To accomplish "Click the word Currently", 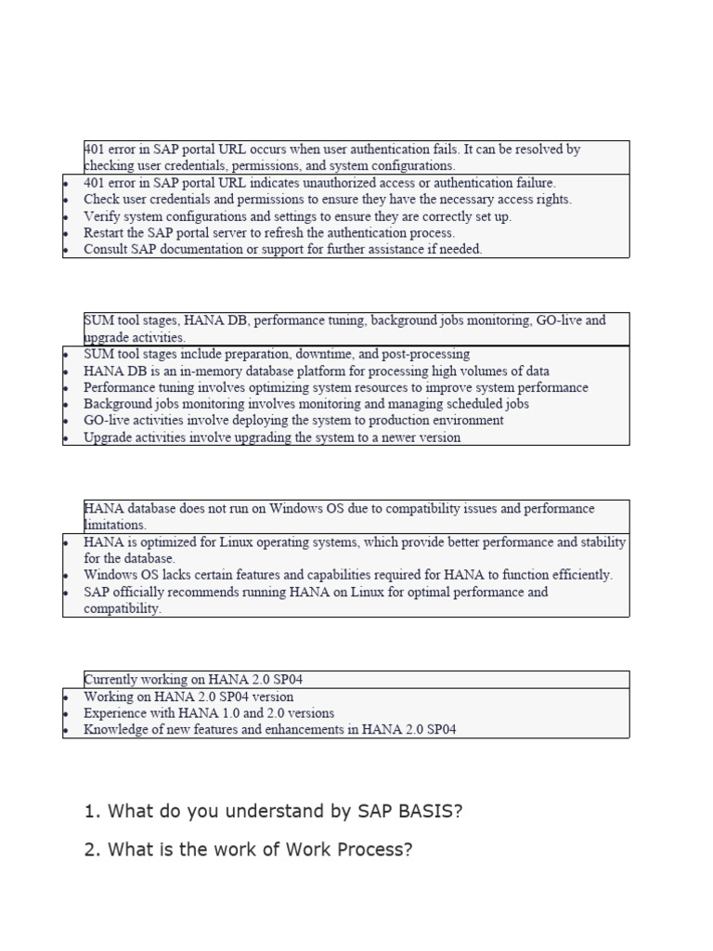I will (113, 679).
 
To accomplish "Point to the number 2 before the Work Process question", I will (90, 850).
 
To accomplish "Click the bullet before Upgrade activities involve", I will (66, 438).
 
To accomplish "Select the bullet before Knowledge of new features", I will (66, 731).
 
